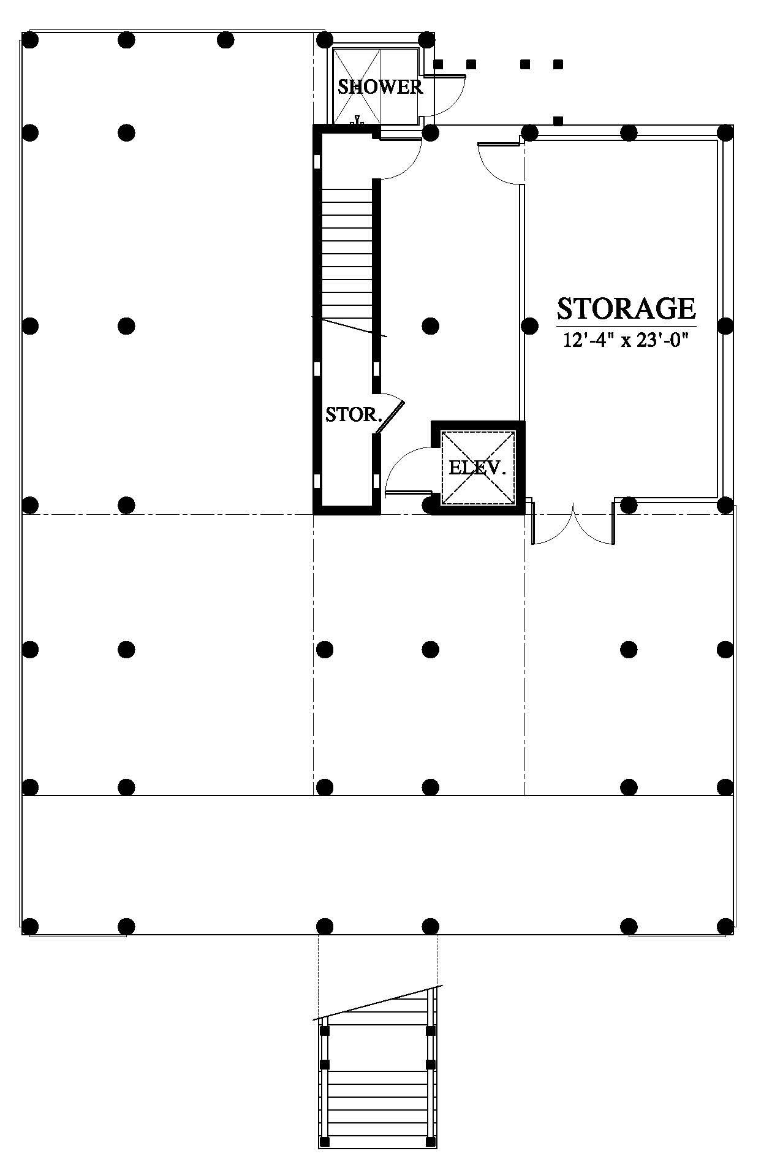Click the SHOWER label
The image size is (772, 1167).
pos(380,87)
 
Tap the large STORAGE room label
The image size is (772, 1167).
pos(626,308)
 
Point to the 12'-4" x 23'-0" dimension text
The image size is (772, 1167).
pos(626,340)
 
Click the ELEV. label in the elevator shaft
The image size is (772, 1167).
pos(477,468)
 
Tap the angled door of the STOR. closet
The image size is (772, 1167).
pos(390,414)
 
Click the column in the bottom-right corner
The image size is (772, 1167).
pos(725,925)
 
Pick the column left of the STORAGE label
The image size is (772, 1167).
pos(529,325)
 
